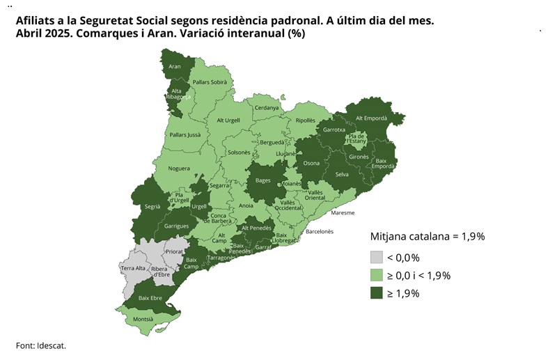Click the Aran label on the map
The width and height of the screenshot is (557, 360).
[x=175, y=67]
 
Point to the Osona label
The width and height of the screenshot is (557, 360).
[x=311, y=164]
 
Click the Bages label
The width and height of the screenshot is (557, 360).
[x=263, y=180]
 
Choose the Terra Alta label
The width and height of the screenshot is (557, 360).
[x=132, y=268]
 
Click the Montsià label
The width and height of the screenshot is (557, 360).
[x=143, y=319]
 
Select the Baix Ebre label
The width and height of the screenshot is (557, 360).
[x=150, y=298]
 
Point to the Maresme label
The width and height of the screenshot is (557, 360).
[x=343, y=212]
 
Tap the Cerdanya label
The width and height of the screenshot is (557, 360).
[x=267, y=108]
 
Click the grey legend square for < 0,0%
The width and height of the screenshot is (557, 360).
[x=377, y=257]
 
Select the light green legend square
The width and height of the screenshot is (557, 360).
[x=377, y=275]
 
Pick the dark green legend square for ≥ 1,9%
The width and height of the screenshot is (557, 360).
[x=377, y=293]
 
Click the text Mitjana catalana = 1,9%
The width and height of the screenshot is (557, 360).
[x=427, y=236]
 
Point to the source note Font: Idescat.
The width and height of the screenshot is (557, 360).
[x=45, y=345]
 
